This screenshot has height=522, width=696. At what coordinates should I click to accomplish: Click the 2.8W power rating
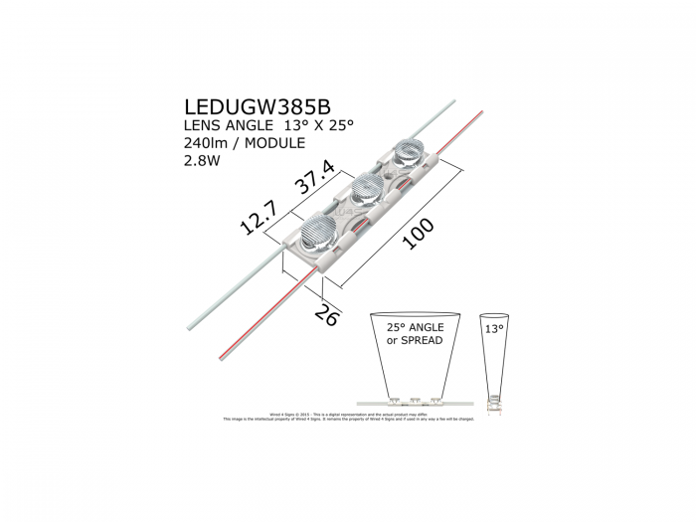pyautogui.click(x=201, y=162)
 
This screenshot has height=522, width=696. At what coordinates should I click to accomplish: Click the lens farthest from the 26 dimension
pyautogui.click(x=410, y=151)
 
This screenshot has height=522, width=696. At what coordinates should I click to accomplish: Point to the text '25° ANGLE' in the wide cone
pyautogui.click(x=415, y=327)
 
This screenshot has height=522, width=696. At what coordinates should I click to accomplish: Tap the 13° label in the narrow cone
pyautogui.click(x=494, y=326)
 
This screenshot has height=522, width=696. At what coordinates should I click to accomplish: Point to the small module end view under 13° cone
pyautogui.click(x=494, y=403)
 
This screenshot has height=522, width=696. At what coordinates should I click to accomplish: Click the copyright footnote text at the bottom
pyautogui.click(x=348, y=417)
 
